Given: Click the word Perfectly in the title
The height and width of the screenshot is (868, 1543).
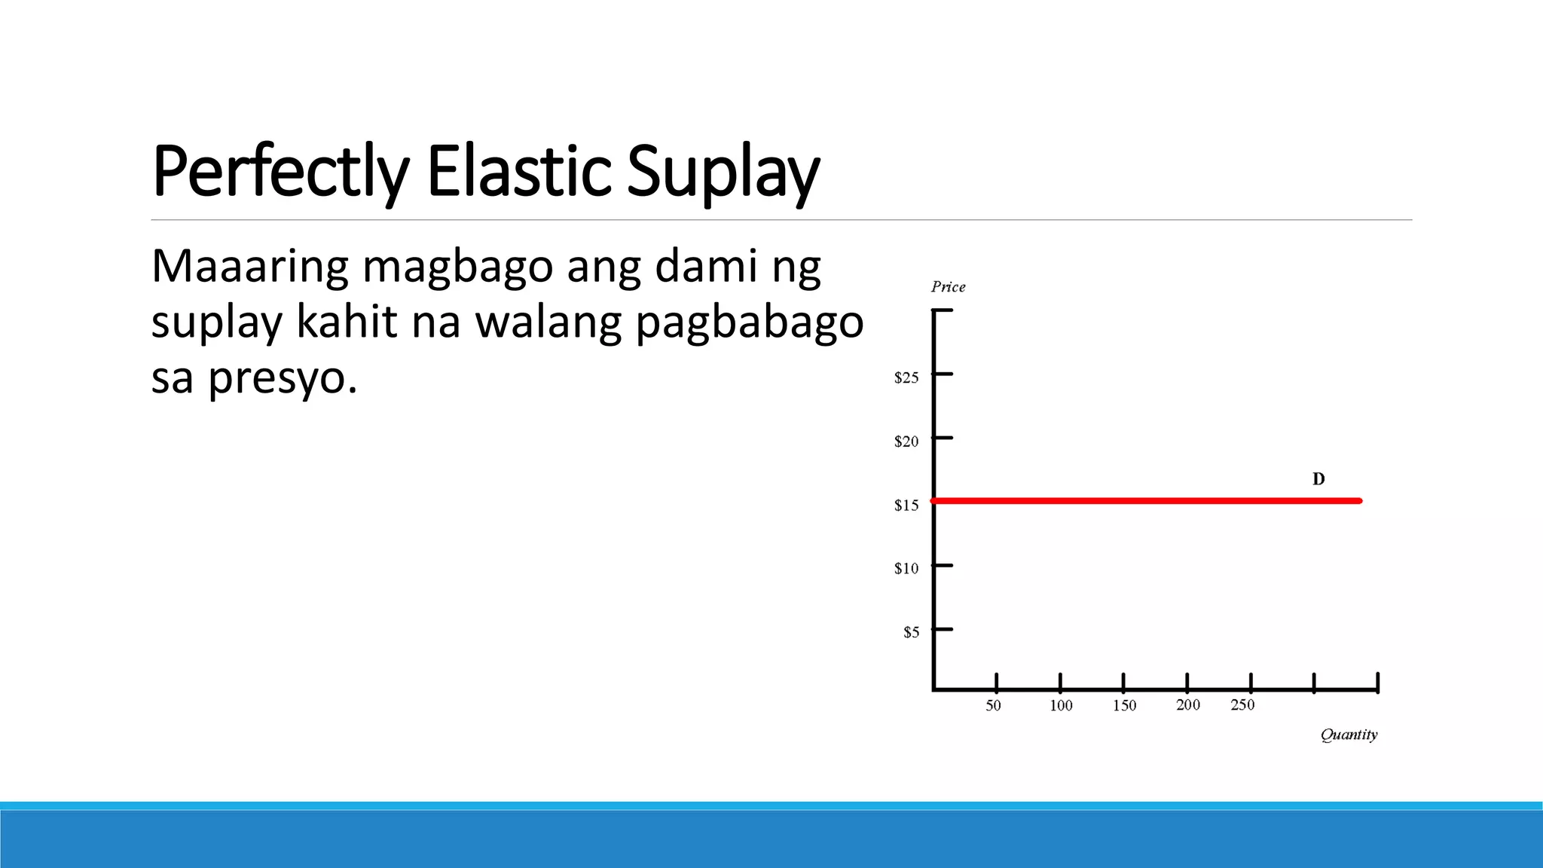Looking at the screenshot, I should coord(280,172).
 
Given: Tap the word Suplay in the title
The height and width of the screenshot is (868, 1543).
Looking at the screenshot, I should coord(723,172).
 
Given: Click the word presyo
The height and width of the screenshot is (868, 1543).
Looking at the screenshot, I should coord(283,378).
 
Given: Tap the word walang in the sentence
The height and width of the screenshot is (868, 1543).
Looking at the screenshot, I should coord(549,322).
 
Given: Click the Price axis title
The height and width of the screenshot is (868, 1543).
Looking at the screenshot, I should coord(948,286).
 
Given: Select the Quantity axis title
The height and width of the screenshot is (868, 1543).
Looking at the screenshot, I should coord(1349,735).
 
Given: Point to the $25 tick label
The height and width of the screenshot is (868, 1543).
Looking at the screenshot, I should coord(906,377).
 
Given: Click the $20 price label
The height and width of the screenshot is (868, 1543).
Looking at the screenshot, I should coord(906,442).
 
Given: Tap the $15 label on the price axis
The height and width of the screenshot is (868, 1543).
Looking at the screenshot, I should coord(906,506).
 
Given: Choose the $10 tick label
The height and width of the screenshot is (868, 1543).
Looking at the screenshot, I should coord(906,569).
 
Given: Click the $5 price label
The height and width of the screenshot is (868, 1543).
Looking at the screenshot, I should coord(912,632).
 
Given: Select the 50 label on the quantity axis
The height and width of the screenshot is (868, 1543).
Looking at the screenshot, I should coord(994,706).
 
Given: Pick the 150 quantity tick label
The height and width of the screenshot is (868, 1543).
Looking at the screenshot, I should coord(1124,706).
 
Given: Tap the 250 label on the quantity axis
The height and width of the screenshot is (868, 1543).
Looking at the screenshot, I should coord(1242,705).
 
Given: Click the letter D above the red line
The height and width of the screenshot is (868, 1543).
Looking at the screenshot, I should coord(1318,479).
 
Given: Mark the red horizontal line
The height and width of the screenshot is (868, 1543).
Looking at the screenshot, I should coord(1145,500).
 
